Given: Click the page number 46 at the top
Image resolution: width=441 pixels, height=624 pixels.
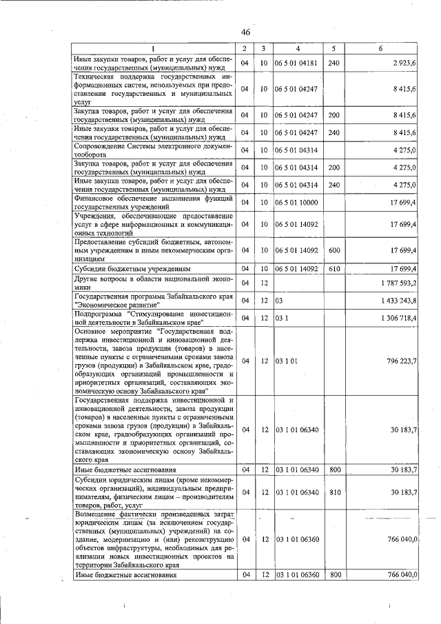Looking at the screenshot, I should (x=245, y=32).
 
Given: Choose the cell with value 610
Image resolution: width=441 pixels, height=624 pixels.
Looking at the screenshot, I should (x=335, y=268).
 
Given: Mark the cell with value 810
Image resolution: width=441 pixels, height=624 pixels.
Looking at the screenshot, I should (x=335, y=492).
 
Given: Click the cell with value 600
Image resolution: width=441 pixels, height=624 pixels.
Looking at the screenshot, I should (x=335, y=250).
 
